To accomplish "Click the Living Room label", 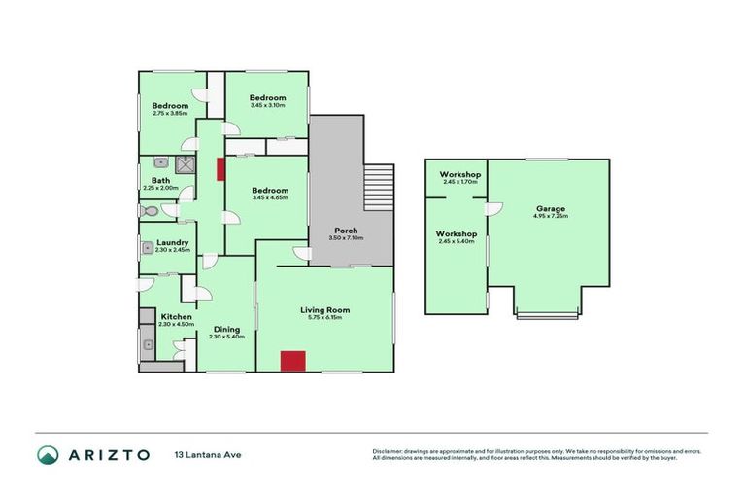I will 324,310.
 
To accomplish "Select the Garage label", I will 550,208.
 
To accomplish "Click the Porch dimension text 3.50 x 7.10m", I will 346,238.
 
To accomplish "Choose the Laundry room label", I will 170,243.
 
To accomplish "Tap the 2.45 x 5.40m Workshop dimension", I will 456,241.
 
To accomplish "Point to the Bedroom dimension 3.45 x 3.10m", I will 267,105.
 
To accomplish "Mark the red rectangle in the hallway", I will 220,168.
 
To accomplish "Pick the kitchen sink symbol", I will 149,343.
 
